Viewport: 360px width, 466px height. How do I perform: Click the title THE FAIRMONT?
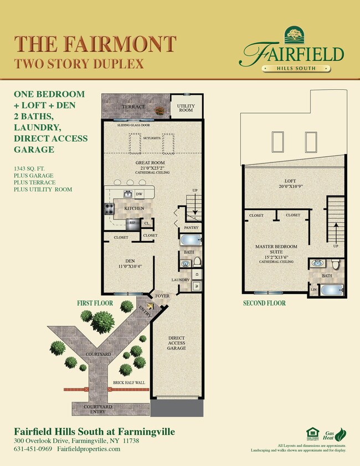coord(95,43)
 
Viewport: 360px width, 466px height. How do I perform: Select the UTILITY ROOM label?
coord(186,107)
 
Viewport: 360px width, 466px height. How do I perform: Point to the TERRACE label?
coord(133,106)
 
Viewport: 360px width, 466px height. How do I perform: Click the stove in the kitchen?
coord(109,209)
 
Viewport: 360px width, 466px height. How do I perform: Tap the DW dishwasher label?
coord(140,194)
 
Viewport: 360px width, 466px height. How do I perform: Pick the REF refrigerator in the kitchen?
coord(132,224)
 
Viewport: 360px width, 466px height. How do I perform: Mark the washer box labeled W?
coord(197,286)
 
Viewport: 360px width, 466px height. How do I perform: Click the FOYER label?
coord(162,296)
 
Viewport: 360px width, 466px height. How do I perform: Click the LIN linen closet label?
coord(314,289)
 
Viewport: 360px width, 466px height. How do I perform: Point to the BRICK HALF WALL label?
coord(128,382)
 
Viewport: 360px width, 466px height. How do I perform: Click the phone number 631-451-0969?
coord(33,448)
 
